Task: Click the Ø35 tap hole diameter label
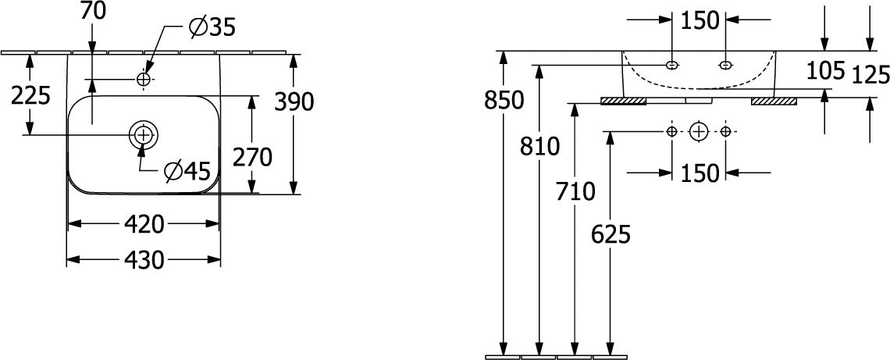(x=212, y=27)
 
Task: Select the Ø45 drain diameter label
(x=187, y=170)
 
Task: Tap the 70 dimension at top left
(x=93, y=12)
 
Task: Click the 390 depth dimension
(x=294, y=102)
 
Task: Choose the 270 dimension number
(x=253, y=157)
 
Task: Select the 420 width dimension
(x=144, y=224)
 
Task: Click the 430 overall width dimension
(x=144, y=260)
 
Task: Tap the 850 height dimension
(x=504, y=101)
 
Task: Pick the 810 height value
(x=539, y=147)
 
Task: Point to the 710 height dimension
(x=575, y=192)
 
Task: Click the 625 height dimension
(x=611, y=234)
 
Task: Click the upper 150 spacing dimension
(x=700, y=20)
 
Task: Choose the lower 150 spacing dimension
(x=700, y=173)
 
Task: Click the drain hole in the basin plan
(x=143, y=134)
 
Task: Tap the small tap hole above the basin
(x=143, y=80)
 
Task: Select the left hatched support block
(x=623, y=101)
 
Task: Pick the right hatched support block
(x=774, y=101)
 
